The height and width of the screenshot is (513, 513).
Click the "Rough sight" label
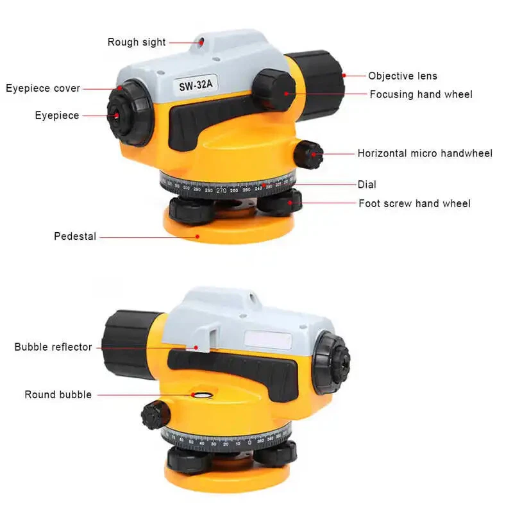click(x=136, y=42)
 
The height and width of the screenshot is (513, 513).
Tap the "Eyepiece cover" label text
click(x=43, y=88)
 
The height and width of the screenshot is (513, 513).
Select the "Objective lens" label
click(x=403, y=76)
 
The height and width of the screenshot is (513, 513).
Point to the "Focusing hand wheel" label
click(x=421, y=94)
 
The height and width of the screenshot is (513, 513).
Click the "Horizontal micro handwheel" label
click(x=425, y=153)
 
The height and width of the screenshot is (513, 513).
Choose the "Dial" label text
click(x=367, y=185)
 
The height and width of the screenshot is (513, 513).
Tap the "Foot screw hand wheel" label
click(x=414, y=203)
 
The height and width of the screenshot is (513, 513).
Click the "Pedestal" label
click(x=75, y=236)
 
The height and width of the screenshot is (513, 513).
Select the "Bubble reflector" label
click(x=53, y=347)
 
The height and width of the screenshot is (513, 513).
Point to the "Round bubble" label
click(x=58, y=394)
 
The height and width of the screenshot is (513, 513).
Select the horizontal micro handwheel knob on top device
click(x=309, y=155)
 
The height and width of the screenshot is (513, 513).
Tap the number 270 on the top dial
click(x=222, y=190)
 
